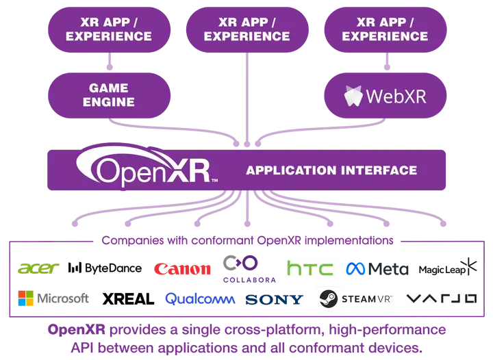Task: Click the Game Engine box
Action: point(109,95)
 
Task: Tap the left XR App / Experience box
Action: point(109,29)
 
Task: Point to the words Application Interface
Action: point(331,170)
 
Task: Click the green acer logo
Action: point(39,268)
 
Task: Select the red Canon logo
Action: point(182,269)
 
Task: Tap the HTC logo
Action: point(309,268)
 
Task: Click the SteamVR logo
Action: point(356,299)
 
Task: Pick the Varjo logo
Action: point(442,299)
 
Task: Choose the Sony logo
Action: point(274,299)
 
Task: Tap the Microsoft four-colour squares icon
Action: point(26,298)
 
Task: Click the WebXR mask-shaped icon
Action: point(353,96)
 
